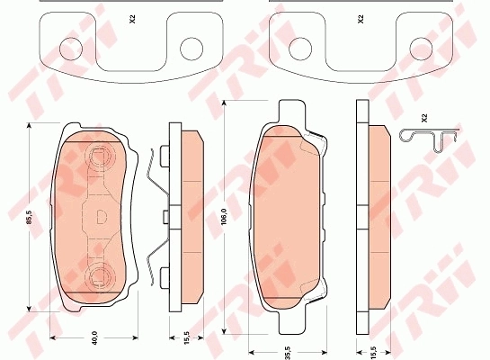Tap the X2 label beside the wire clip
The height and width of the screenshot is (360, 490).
click(423, 118)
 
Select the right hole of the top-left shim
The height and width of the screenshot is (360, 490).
click(191, 48)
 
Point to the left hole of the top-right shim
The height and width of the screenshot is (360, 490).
click(298, 48)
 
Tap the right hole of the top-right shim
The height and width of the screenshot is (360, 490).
click(421, 48)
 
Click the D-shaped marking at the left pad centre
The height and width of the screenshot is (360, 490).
click(100, 216)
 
